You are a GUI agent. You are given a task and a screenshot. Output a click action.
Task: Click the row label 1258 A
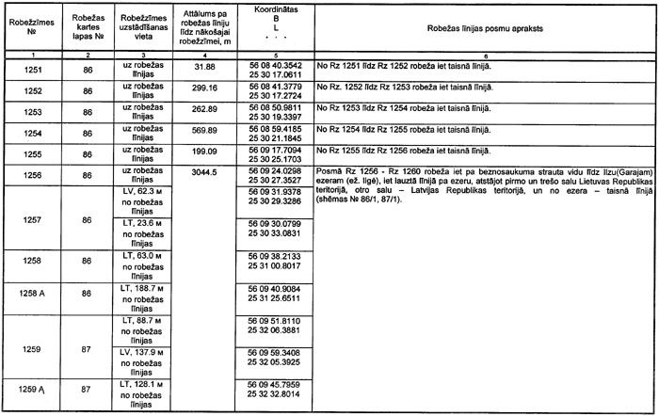[31, 293]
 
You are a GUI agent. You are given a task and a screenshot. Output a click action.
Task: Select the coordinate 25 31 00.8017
[274, 265]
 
